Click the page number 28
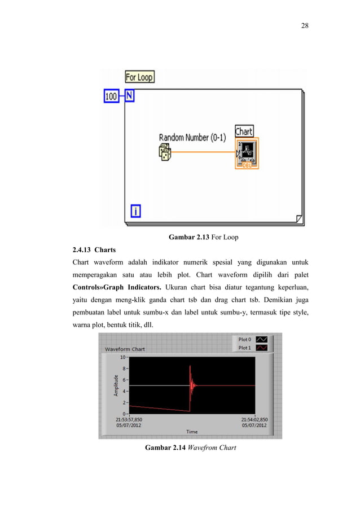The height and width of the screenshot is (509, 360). (305, 25)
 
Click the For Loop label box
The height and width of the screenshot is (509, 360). (139, 77)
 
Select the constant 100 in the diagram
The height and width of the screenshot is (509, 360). (112, 96)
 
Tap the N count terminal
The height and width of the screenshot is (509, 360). (129, 96)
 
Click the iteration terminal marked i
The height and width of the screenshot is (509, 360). (135, 211)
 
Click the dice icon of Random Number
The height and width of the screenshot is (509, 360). (165, 152)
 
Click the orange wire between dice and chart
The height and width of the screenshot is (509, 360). (203, 152)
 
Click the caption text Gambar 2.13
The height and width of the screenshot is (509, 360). (189, 237)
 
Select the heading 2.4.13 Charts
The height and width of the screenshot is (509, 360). (95, 249)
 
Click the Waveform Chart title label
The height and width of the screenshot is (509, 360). (124, 349)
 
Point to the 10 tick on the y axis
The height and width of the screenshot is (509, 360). (122, 357)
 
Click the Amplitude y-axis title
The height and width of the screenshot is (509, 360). (116, 385)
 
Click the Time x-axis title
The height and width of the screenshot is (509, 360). (192, 432)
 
